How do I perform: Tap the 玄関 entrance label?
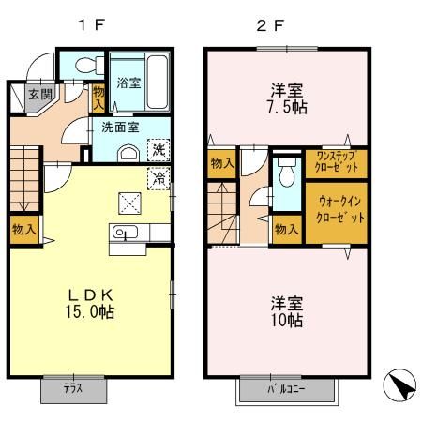tap(38, 94)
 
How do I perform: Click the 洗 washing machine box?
tap(158, 150)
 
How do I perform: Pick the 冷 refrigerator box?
tap(158, 175)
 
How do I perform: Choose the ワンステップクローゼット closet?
tap(336, 162)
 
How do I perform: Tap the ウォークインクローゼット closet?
tap(335, 207)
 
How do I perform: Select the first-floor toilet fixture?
tap(82, 64)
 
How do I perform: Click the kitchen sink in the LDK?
tap(124, 233)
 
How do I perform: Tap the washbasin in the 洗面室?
tap(128, 153)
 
